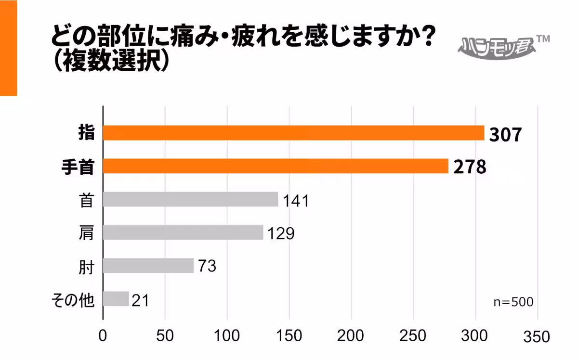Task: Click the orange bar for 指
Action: [x=293, y=133]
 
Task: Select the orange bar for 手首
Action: [x=276, y=166]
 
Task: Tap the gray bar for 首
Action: [x=190, y=199]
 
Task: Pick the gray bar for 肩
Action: [x=183, y=232]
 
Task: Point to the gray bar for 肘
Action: [x=148, y=266]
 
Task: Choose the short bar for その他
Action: [x=116, y=299]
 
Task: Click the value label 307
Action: [x=505, y=135]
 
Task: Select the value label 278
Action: [x=469, y=168]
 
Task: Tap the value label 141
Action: [x=295, y=201]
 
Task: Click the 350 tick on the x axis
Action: [x=538, y=337]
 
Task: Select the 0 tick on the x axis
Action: [x=103, y=336]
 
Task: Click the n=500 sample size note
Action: [x=513, y=302]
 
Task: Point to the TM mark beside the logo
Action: [x=543, y=39]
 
